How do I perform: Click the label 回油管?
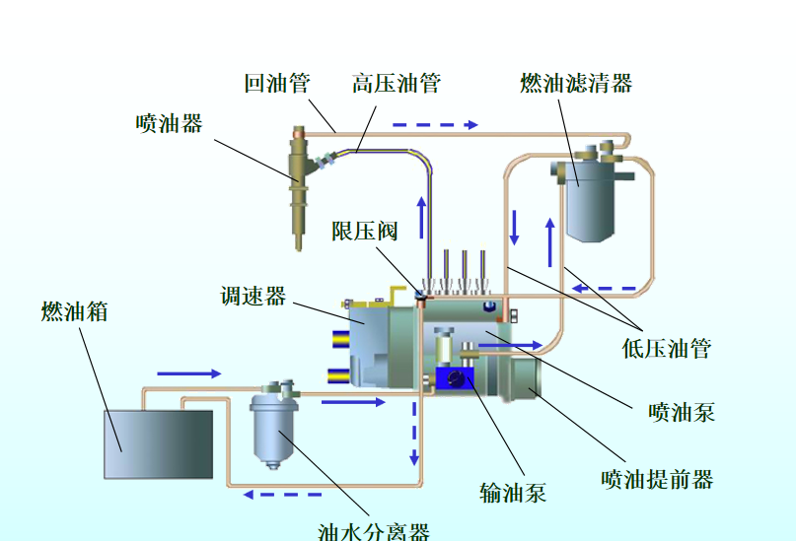tap(278, 83)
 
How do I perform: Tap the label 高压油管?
tap(396, 83)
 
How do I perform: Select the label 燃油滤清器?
tap(576, 83)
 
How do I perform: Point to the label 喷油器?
tap(170, 123)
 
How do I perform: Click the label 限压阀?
tap(364, 231)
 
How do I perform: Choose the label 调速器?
tap(253, 296)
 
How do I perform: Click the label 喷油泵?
tap(682, 411)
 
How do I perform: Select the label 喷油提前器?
tap(657, 479)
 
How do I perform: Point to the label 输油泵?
tap(513, 492)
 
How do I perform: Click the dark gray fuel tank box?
tap(158, 443)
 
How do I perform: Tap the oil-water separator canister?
tap(274, 429)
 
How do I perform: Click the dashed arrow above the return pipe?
tap(434, 125)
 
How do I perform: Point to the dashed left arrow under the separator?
tap(267, 494)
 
